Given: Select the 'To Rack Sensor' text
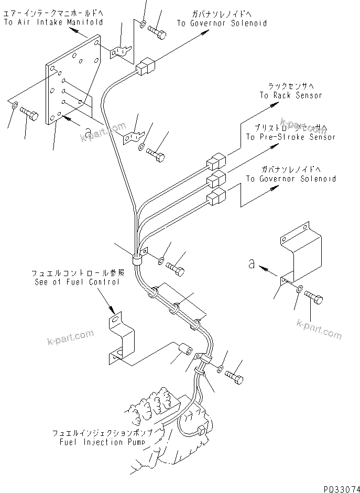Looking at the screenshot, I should coord(290,95).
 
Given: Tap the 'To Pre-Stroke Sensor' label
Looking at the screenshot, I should coord(290,137).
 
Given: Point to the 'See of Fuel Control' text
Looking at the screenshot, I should coord(75,282).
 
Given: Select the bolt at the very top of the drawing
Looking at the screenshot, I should coord(159,33).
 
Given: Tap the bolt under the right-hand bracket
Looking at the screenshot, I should coord(314,298).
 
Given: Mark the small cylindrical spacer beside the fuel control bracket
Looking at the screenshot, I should coord(186,349).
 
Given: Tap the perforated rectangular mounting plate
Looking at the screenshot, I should coord(73,81).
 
